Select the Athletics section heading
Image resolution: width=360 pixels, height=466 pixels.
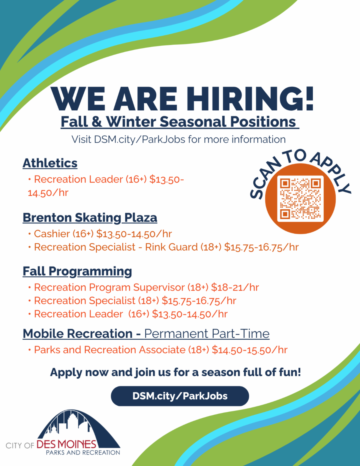[50, 164]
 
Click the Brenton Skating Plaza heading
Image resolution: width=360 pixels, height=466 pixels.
[90, 218]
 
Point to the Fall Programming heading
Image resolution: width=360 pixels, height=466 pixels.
[77, 272]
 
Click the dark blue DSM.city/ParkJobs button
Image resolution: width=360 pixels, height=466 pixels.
[180, 396]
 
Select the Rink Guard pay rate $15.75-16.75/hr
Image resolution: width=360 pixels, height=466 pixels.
[261, 247]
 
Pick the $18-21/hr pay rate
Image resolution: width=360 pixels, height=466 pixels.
[235, 287]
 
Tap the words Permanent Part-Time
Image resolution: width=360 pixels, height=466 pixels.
[207, 334]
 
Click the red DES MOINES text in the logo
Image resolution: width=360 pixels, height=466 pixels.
[67, 445]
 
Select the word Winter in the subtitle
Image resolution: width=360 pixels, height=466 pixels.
[131, 122]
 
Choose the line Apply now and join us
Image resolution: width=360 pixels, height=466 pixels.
[175, 372]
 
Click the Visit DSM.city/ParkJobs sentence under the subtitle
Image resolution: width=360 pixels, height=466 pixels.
[178, 140]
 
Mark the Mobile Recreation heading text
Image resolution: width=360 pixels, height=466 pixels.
[82, 334]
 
